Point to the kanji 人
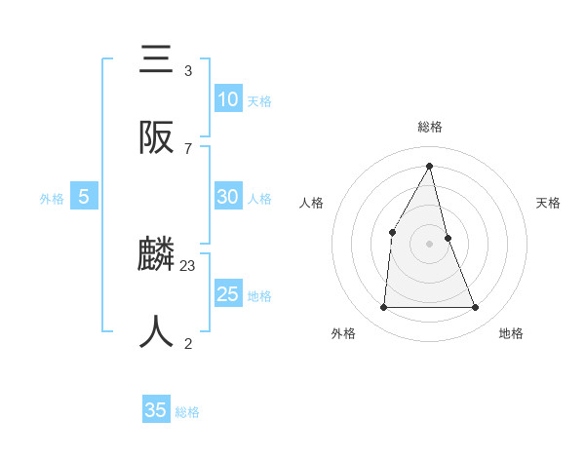pyautogui.click(x=156, y=331)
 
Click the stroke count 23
pyautogui.click(x=188, y=265)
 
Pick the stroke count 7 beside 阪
pyautogui.click(x=188, y=148)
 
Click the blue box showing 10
pyautogui.click(x=227, y=99)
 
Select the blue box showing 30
pyautogui.click(x=227, y=197)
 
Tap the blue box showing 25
pyautogui.click(x=227, y=294)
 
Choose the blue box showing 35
pyautogui.click(x=156, y=410)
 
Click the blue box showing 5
pyautogui.click(x=84, y=197)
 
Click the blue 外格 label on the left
pyautogui.click(x=52, y=199)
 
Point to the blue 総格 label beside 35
pyautogui.click(x=187, y=412)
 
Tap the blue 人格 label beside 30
pyautogui.click(x=259, y=199)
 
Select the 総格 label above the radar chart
pyautogui.click(x=430, y=127)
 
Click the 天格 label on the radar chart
pyautogui.click(x=548, y=203)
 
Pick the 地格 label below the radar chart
pyautogui.click(x=511, y=333)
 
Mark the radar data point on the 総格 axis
pyautogui.click(x=430, y=166)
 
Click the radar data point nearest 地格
pyautogui.click(x=476, y=308)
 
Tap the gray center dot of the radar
pyautogui.click(x=430, y=244)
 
